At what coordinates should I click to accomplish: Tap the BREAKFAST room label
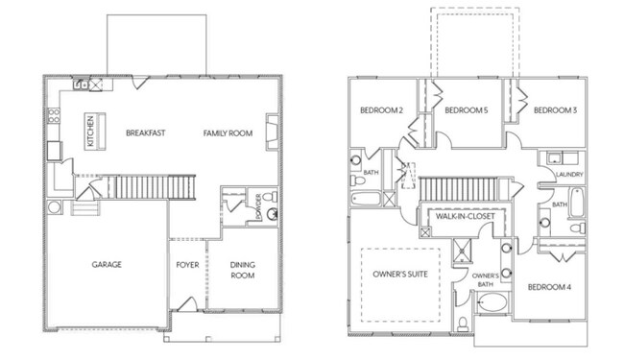pos(146,132)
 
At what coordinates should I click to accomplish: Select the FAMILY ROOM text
pos(228,132)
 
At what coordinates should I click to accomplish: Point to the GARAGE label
pos(106,264)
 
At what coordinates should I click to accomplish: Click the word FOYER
pos(187,264)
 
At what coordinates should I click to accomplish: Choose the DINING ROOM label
pos(242,270)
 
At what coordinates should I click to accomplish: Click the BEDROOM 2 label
pos(381,110)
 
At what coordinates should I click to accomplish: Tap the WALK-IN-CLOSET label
pos(465,217)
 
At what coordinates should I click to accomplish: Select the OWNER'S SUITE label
pos(399,274)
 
